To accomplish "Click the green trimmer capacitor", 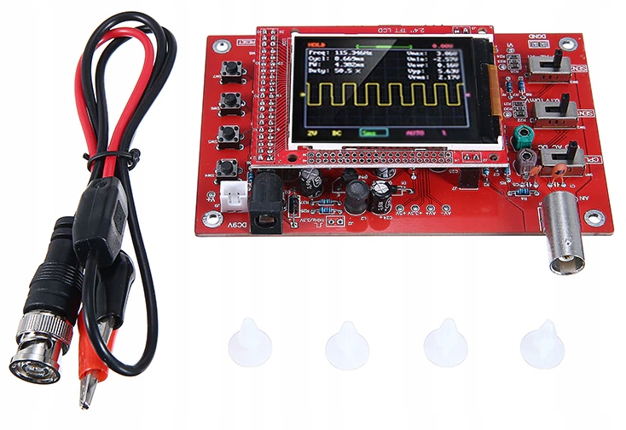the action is (524, 135).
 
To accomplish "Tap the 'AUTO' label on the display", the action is (415, 134).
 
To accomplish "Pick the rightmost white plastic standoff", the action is (542, 344).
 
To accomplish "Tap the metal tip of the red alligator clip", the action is (87, 394).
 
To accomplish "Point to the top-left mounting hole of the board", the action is (221, 48).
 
